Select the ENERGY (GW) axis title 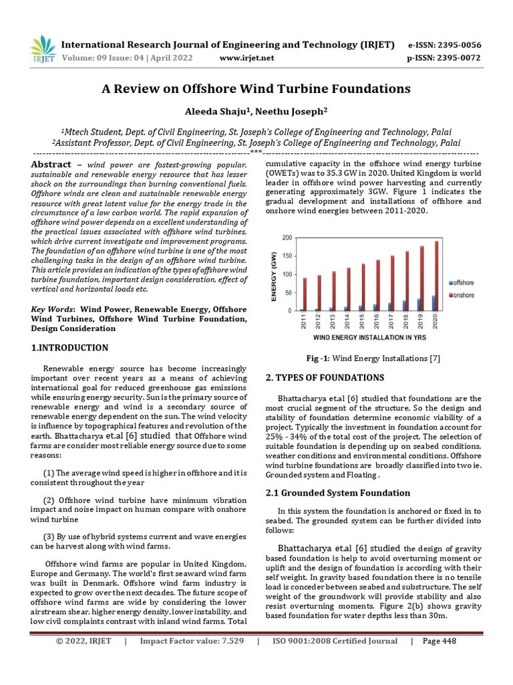tap(273, 274)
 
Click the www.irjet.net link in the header tap(246, 58)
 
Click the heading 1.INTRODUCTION tap(69, 348)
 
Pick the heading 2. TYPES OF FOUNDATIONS tap(325, 378)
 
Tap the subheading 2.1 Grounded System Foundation tap(338, 493)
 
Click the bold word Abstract tap(51, 165)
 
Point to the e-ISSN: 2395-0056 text tap(444, 45)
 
